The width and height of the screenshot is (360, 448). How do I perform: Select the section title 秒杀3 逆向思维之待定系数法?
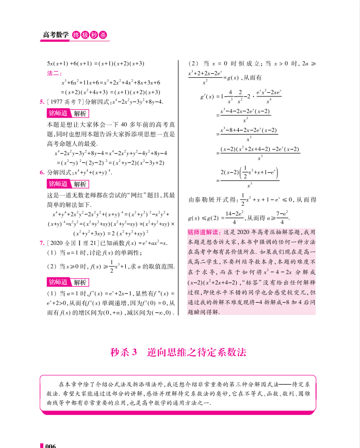(x=179, y=353)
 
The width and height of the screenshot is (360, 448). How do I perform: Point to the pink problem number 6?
(x=41, y=172)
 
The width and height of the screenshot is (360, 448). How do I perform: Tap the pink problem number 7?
(x=41, y=242)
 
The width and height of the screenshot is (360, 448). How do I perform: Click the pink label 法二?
(x=54, y=73)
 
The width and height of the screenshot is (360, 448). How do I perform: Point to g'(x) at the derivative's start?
(x=207, y=96)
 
